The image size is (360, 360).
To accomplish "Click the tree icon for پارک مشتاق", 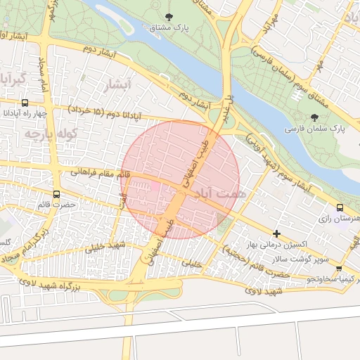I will pyautogui.click(x=168, y=16).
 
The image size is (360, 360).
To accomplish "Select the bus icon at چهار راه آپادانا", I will pyautogui.click(x=25, y=103).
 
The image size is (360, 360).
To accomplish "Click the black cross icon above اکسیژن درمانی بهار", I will pyautogui.click(x=276, y=233).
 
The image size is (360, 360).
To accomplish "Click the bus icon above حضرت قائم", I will pyautogui.click(x=56, y=194).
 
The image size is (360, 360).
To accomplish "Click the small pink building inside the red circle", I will pyautogui.click(x=155, y=185).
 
